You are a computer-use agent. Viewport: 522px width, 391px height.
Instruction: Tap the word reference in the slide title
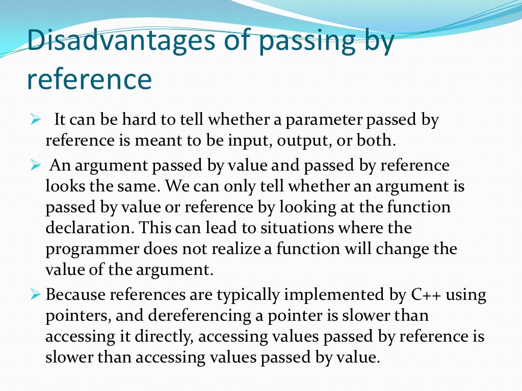[x=89, y=79]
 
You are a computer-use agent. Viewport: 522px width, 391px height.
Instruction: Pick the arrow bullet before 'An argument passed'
[x=35, y=166]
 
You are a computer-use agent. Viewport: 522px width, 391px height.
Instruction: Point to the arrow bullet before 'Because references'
[x=35, y=295]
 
